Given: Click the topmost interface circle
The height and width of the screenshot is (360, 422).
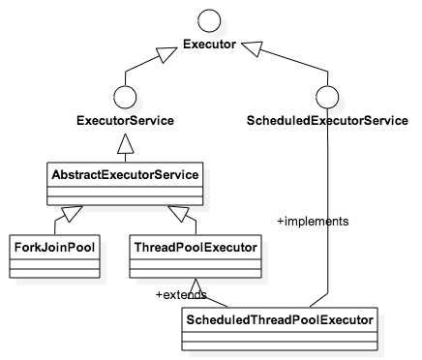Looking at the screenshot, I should [209, 20].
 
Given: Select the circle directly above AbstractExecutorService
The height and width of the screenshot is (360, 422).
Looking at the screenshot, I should [124, 97].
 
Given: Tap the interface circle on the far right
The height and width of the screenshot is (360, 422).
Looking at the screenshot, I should [326, 97].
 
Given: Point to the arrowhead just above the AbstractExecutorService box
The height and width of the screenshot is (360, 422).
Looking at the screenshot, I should [124, 146].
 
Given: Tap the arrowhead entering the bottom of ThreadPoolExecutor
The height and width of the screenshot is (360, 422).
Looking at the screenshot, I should [196, 287].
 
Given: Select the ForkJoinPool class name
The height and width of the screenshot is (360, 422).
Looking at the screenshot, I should [54, 248].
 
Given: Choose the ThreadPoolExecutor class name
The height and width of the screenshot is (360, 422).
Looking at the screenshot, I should [196, 248].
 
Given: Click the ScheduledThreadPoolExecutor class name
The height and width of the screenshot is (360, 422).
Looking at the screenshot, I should [279, 317].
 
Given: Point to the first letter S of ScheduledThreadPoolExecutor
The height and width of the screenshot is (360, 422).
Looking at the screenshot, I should [189, 317].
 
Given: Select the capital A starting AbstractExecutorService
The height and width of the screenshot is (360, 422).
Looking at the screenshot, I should [56, 175].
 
